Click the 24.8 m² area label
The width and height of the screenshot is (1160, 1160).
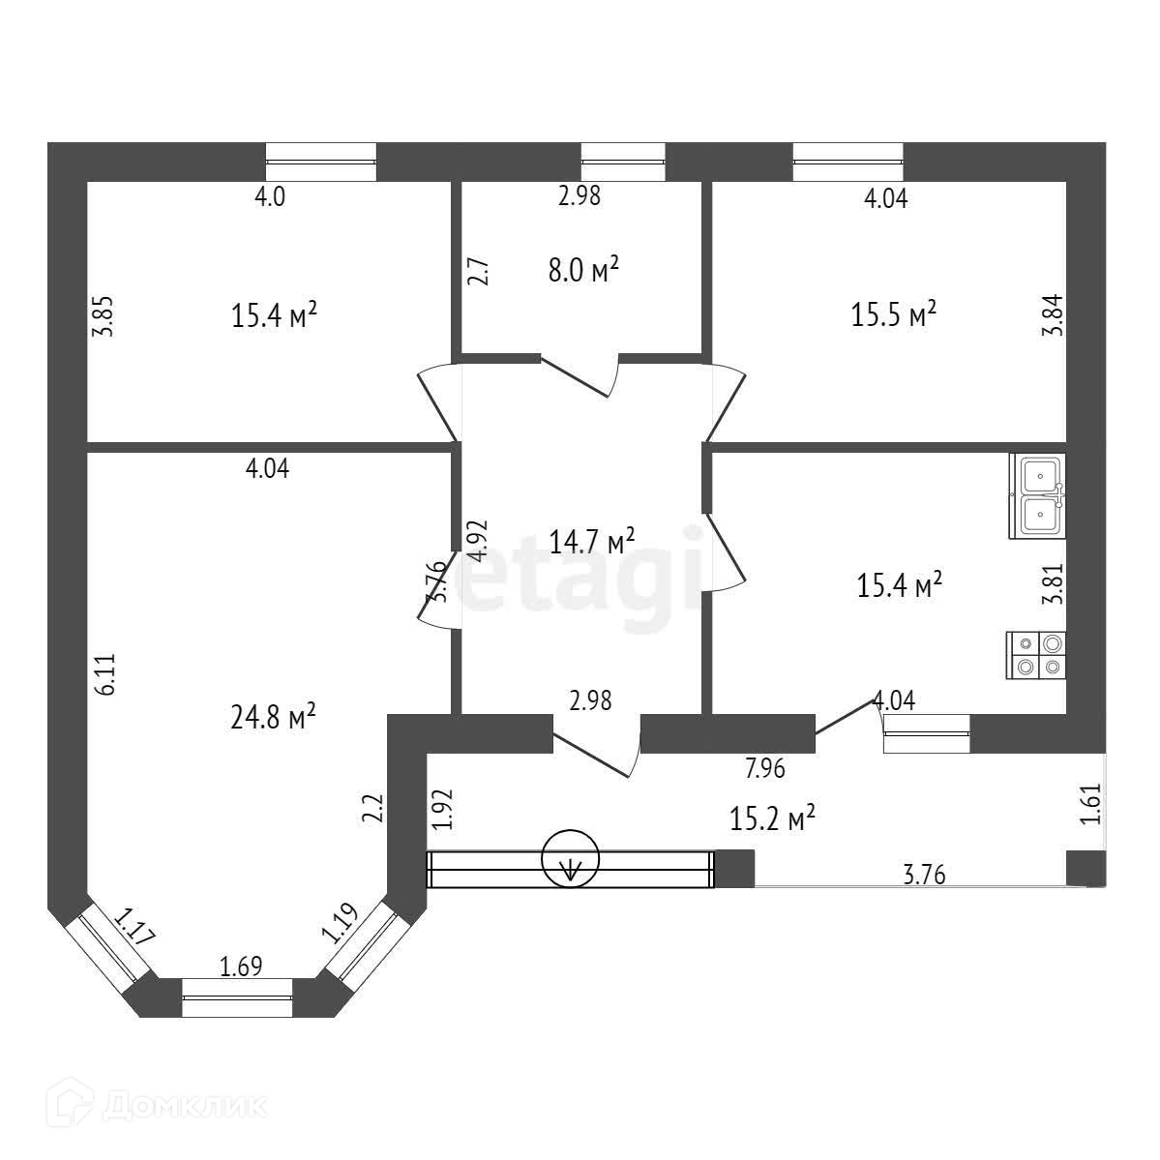tap(277, 718)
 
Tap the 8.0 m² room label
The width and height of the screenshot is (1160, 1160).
tap(583, 270)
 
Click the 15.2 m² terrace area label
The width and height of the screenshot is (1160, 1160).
tap(772, 818)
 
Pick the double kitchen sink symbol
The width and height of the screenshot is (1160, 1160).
tap(1037, 496)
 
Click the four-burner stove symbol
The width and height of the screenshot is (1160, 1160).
tap(1037, 653)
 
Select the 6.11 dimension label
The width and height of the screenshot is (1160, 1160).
tap(106, 673)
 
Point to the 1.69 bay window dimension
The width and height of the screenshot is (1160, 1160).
tap(241, 966)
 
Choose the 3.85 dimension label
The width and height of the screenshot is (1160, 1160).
tap(106, 314)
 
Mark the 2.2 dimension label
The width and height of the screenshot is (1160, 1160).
tap(373, 808)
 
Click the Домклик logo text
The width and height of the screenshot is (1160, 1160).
tap(184, 1106)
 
